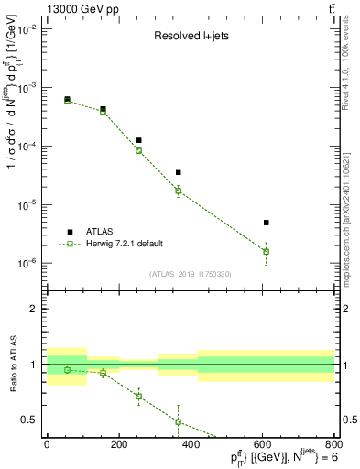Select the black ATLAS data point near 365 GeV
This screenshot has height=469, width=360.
(178, 172)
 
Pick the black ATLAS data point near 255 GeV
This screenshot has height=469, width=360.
(138, 140)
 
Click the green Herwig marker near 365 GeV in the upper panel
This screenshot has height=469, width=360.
(178, 191)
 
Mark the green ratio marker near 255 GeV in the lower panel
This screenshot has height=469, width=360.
(138, 397)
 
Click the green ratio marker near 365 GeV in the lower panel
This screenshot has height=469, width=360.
(178, 421)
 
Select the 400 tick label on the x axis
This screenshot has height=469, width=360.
(191, 444)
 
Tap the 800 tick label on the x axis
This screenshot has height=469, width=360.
(333, 444)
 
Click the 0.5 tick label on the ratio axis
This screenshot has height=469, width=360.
(29, 420)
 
